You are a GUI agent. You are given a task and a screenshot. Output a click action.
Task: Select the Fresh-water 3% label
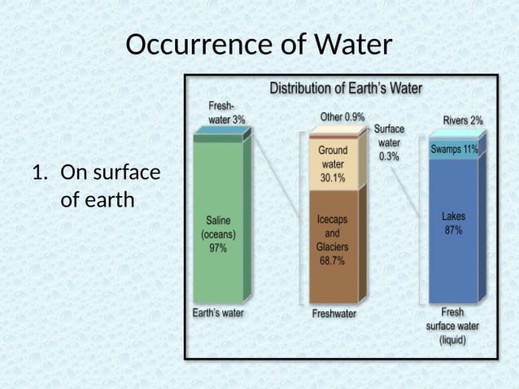pos(227,112)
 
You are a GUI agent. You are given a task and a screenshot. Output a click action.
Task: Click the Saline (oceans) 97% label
pos(218,234)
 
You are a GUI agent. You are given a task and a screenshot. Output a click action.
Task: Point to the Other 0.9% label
pos(342,117)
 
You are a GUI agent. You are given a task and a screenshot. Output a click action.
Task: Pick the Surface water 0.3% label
pos(388,142)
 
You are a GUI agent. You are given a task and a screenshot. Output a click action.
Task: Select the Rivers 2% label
pos(462,120)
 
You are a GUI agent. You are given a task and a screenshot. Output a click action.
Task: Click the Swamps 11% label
pos(453,149)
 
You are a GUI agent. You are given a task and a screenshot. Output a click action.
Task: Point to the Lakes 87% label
pos(452,223)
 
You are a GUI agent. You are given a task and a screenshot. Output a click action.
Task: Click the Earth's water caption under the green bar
pos(217,312)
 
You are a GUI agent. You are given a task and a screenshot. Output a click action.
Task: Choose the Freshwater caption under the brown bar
pos(334,313)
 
